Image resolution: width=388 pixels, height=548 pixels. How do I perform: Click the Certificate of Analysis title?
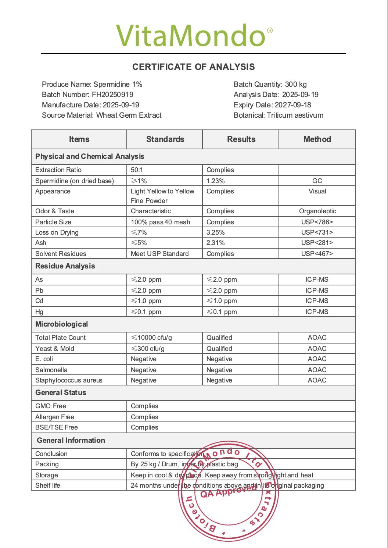tap(194, 67)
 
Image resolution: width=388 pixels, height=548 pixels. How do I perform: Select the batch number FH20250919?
tap(112, 95)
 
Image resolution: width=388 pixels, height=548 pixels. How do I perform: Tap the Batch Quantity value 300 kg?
tap(296, 84)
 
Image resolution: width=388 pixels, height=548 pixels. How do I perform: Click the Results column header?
tap(241, 139)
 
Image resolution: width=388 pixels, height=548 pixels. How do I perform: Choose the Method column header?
tap(317, 139)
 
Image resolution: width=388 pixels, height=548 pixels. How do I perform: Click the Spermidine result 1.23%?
tap(216, 181)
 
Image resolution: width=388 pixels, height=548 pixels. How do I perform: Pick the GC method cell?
tap(317, 181)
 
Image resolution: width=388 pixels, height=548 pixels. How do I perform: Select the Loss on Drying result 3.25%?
tap(216, 232)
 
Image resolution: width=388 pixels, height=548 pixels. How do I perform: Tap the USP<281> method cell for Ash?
tap(317, 243)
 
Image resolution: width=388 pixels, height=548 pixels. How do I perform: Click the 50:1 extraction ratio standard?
tap(137, 170)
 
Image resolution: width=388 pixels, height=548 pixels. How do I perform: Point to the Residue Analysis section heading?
tap(65, 266)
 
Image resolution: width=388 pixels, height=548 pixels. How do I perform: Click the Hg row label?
tap(39, 312)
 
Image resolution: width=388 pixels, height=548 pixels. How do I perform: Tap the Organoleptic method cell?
tap(317, 211)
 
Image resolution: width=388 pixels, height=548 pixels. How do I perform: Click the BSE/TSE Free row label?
tap(57, 427)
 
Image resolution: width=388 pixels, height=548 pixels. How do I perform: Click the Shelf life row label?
tap(48, 485)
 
